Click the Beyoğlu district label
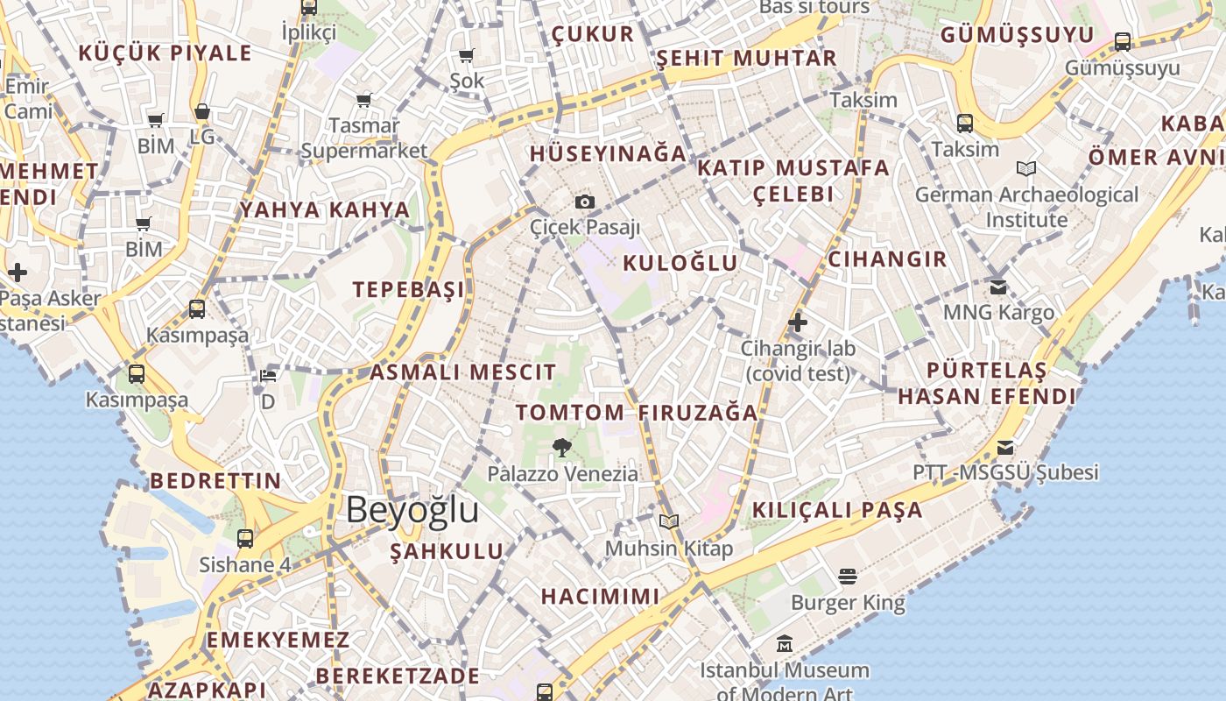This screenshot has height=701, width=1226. pos(412,510)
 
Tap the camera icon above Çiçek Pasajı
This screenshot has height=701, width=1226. pos(585,202)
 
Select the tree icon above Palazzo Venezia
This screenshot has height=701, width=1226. pos(561,448)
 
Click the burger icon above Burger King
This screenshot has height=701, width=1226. pos(847,576)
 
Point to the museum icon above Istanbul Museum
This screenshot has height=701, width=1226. pos(785,644)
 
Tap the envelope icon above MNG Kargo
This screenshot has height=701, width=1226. pos(998,287)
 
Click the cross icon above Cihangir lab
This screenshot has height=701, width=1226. pos(797,322)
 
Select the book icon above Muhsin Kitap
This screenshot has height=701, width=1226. pos(669,522)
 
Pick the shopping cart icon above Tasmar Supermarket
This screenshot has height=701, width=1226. pos(363,100)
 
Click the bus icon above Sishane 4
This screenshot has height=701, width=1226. pos(245,538)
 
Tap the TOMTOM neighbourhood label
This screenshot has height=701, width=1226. pos(570,412)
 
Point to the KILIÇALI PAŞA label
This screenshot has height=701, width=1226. pos(837,510)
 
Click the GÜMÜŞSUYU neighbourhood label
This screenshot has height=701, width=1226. pos(1017,35)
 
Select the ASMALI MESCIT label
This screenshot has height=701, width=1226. pos(462,372)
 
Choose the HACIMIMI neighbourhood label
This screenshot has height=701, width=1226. pos(600,597)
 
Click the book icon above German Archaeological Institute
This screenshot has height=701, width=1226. pos(1026,168)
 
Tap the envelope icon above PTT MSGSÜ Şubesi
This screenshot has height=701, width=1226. pos(1005,448)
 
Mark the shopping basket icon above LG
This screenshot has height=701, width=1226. pos(202,112)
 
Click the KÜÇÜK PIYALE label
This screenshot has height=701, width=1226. pos(165,53)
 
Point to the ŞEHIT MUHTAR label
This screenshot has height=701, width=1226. pos(747,59)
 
